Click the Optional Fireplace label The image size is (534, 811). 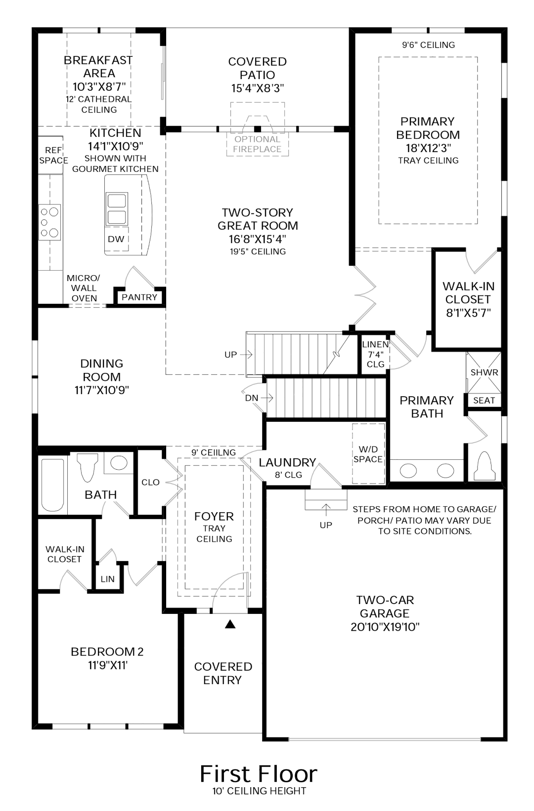coord(257,144)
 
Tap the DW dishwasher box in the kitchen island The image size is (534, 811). coord(116,239)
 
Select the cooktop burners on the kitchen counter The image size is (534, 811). coord(50,223)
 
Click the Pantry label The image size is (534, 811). coord(139,297)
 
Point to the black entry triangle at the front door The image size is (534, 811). coord(229,624)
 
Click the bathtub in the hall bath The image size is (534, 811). coord(52,485)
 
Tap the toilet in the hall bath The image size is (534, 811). coord(87,467)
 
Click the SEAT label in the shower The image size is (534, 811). coord(484,401)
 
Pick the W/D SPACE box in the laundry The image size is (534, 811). coord(368,454)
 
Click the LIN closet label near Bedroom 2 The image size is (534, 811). coord(107,579)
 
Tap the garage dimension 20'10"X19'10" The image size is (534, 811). coord(384,627)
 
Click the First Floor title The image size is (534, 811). coord(258,773)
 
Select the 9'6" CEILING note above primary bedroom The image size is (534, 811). coord(428,45)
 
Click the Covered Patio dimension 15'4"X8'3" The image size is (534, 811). coord(257,88)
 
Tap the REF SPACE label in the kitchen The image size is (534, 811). coord(53,155)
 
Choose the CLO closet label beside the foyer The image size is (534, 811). coord(150,482)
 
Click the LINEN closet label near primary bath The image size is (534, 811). coord(375,344)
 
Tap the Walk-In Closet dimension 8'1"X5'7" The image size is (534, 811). coord(467,313)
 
